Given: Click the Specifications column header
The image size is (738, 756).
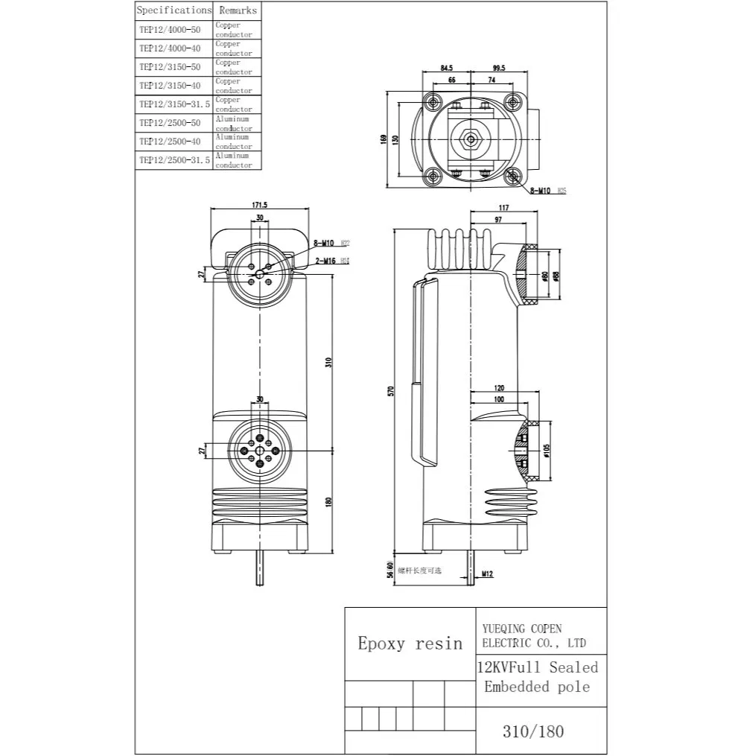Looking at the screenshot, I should (x=174, y=10).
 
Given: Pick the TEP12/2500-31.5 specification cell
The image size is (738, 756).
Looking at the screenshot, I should (x=174, y=160).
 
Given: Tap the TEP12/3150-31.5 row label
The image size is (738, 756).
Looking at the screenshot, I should (x=174, y=104).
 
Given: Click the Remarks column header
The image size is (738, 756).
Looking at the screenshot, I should (x=238, y=10).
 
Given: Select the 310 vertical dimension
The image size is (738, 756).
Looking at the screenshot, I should (x=328, y=362).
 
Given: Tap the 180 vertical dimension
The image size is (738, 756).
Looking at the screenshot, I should (x=328, y=502).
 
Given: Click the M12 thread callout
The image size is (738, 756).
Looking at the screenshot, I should (x=487, y=574).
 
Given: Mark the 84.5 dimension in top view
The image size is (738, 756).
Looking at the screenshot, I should (x=446, y=69).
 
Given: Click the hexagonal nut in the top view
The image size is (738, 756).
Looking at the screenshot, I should (x=471, y=139).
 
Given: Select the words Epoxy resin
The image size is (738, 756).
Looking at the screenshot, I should (x=409, y=644).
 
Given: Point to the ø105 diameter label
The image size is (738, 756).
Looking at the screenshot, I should (x=547, y=451).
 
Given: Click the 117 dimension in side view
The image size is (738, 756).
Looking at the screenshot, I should (x=505, y=208).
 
